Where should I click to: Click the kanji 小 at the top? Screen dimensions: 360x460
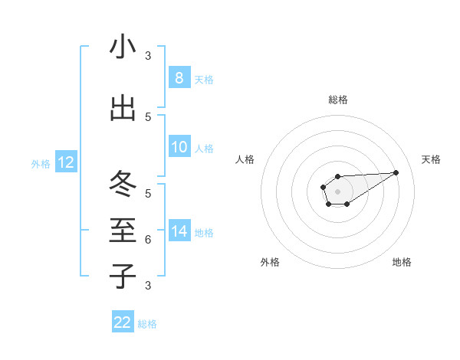pos(123,47)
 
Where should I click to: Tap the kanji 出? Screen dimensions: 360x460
pos(123,108)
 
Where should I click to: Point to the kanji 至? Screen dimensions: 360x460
pos(123,231)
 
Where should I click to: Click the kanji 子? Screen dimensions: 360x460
pos(123,276)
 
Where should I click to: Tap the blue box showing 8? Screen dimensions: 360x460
pos(179,77)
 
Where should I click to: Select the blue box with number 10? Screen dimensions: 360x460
pos(179,147)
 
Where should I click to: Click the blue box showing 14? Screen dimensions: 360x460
pos(179,231)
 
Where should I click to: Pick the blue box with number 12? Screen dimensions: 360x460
pos(65,162)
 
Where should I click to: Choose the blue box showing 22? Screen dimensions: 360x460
pos(123,322)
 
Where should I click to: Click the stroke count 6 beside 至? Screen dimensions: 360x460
pos(148,240)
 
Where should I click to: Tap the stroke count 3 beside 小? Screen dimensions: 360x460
pos(148,56)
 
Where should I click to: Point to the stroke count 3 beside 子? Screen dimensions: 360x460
pos(148,286)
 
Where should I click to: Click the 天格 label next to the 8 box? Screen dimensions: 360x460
pos(204,79)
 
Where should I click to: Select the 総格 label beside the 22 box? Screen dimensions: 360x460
pos(147,324)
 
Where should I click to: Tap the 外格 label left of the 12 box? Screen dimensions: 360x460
pos(40,163)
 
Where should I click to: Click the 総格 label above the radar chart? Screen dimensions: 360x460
pos(337,100)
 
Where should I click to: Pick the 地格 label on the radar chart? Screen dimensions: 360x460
pos(402,262)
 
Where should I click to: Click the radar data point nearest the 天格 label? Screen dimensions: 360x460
pos(396,172)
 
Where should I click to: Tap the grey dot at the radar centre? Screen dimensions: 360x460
pos(337,191)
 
